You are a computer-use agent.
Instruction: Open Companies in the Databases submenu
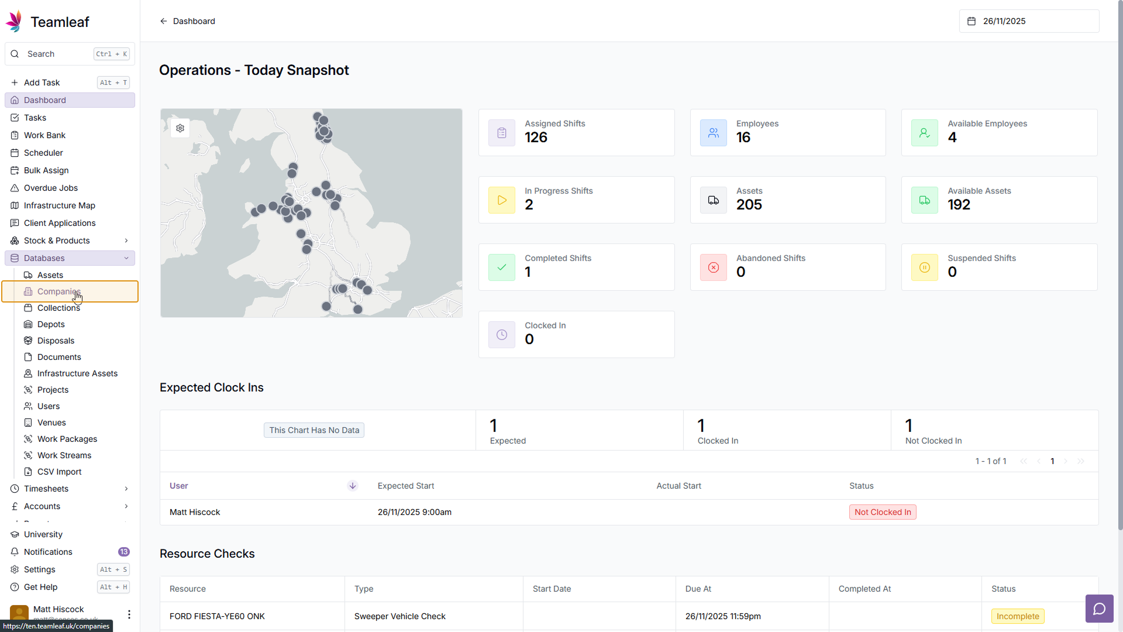pyautogui.click(x=58, y=291)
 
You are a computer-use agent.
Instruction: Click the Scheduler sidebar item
pyautogui.click(x=43, y=153)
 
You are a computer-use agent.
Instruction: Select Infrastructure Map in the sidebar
pyautogui.click(x=59, y=205)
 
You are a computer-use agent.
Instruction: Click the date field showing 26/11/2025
pyautogui.click(x=1028, y=21)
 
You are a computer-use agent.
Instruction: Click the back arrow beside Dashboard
pyautogui.click(x=164, y=21)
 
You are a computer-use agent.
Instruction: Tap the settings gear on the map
pyautogui.click(x=180, y=128)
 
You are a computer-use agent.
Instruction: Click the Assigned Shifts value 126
pyautogui.click(x=536, y=138)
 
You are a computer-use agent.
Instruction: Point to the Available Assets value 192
pyautogui.click(x=959, y=205)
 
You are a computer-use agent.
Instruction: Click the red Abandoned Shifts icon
pyautogui.click(x=714, y=267)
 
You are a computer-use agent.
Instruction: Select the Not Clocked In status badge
pyautogui.click(x=882, y=512)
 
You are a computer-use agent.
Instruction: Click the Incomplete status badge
pyautogui.click(x=1017, y=616)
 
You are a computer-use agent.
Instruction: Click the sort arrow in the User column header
pyautogui.click(x=353, y=486)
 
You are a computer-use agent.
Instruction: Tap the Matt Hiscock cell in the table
pyautogui.click(x=195, y=512)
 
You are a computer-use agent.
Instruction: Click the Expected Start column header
pyautogui.click(x=406, y=486)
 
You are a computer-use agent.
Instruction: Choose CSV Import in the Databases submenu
pyautogui.click(x=59, y=472)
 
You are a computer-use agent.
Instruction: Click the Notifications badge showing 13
pyautogui.click(x=123, y=552)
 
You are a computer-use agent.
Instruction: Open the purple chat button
pyautogui.click(x=1099, y=609)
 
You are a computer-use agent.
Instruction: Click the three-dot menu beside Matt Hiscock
pyautogui.click(x=129, y=614)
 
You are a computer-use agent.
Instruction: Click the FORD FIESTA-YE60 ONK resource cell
pyautogui.click(x=217, y=616)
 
